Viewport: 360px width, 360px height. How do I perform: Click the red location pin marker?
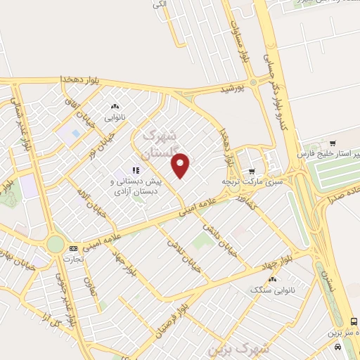pyautogui.click(x=181, y=165)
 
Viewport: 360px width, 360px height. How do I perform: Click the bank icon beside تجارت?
pyautogui.click(x=73, y=248)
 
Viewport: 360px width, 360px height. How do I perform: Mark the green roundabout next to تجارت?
pyautogui.click(x=55, y=244)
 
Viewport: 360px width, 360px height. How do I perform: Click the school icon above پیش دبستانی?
pyautogui.click(x=136, y=169)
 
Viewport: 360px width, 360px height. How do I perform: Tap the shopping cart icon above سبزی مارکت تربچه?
pyautogui.click(x=252, y=171)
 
